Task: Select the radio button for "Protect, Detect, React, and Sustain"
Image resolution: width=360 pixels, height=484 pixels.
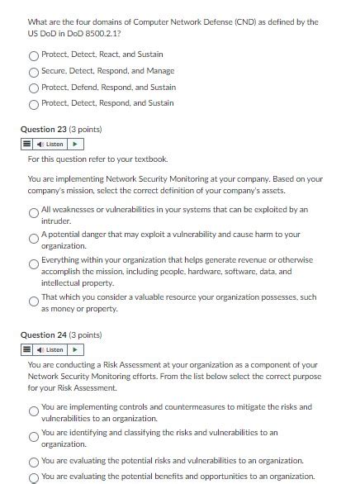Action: click(34, 55)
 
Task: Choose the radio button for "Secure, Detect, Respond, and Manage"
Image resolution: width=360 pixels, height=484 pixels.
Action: click(34, 72)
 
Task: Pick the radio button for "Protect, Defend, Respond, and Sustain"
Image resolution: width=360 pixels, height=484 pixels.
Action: click(34, 88)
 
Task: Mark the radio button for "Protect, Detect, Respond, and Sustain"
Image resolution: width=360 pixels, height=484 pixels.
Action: click(34, 104)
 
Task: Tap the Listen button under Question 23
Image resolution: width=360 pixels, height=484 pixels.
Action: click(50, 145)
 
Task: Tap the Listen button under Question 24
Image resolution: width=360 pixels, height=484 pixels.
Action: click(50, 349)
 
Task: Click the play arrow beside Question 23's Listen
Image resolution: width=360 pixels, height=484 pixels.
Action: click(76, 145)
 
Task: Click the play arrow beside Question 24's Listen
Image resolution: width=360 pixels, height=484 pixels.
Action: click(76, 349)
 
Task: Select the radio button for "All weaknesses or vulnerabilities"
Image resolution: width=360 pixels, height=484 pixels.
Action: click(34, 213)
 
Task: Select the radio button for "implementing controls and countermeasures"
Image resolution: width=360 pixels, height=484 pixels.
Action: click(34, 410)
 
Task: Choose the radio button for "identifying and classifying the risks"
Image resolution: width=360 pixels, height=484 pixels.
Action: click(34, 435)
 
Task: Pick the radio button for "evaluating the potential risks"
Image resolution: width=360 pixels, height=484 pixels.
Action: click(34, 462)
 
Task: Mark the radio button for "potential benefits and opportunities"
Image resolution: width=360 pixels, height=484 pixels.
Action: click(34, 477)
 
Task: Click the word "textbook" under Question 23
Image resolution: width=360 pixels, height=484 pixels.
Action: click(150, 159)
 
